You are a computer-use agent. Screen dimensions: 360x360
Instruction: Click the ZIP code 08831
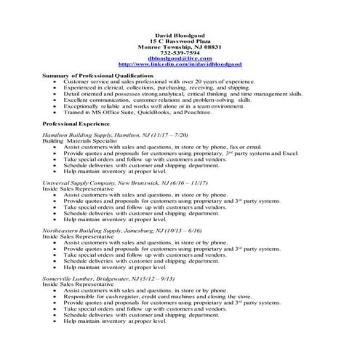205,46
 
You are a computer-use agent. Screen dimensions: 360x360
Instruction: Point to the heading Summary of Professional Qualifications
98,76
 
